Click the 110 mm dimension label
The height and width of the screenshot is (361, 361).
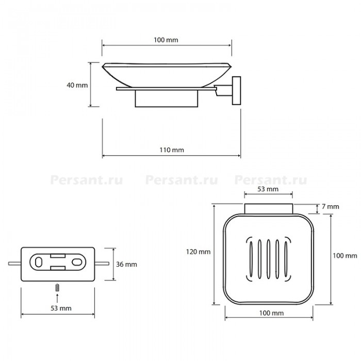[x=172, y=150]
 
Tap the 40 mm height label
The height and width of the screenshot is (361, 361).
[x=77, y=85]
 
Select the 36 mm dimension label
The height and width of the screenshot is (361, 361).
[x=126, y=264]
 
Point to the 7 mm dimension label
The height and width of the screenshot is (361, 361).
[x=331, y=206]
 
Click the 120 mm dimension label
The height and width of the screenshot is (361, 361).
[x=198, y=252]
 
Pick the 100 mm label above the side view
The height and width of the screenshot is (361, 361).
[x=166, y=40]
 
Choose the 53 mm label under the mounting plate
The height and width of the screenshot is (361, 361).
[x=61, y=308]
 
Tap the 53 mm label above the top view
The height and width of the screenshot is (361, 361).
[x=268, y=189]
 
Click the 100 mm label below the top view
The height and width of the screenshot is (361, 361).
[x=271, y=313]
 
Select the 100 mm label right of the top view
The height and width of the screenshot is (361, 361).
[x=345, y=256]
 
